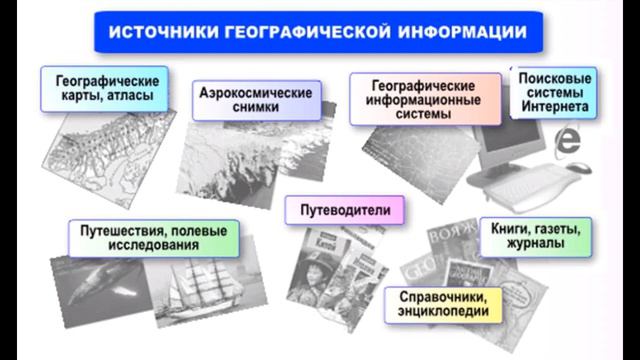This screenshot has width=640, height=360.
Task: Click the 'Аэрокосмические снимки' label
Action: point(253,100)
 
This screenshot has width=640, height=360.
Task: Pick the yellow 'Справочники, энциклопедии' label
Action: point(443,304)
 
